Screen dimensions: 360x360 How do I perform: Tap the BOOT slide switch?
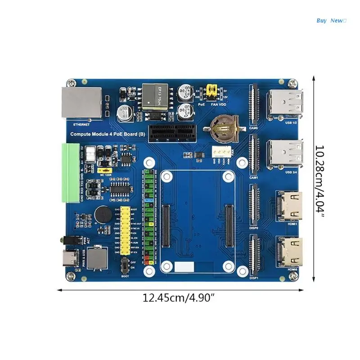[124, 266]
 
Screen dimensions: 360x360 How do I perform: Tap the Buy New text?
[331, 20]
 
